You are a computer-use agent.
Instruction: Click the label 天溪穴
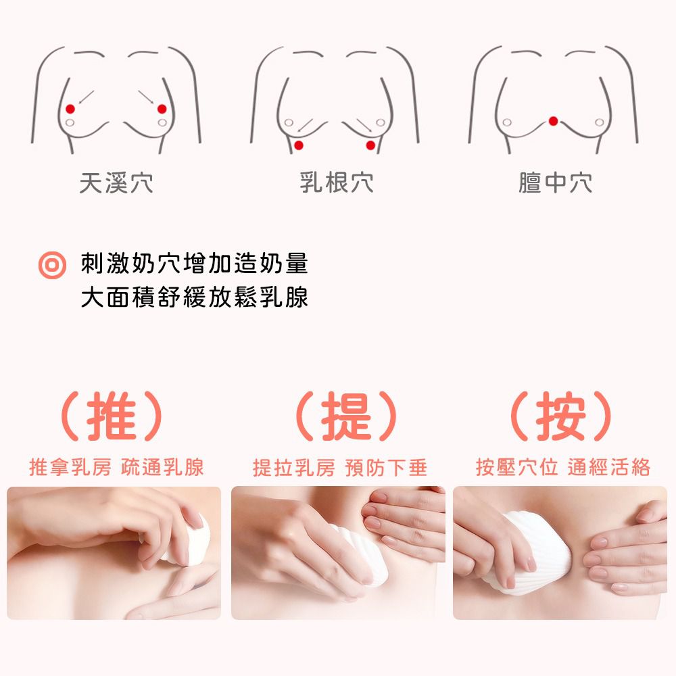(x=116, y=183)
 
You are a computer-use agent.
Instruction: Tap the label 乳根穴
(x=336, y=183)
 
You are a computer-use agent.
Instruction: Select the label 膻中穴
(x=555, y=183)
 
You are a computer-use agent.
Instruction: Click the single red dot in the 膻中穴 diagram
(x=554, y=121)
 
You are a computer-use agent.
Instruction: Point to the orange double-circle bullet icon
(x=51, y=265)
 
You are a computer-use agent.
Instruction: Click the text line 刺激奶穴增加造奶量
(x=194, y=264)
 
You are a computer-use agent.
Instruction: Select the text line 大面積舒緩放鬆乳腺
(x=194, y=297)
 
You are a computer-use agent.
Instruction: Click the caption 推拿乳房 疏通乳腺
(x=116, y=467)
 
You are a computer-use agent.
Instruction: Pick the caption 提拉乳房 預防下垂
(x=340, y=467)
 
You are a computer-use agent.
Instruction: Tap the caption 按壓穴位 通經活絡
(x=562, y=467)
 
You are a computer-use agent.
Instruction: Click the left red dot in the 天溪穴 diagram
(x=70, y=109)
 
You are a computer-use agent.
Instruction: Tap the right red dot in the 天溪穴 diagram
(x=162, y=109)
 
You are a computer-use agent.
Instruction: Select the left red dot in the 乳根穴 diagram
(x=299, y=145)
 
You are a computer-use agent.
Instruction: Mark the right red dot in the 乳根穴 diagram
(x=370, y=145)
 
